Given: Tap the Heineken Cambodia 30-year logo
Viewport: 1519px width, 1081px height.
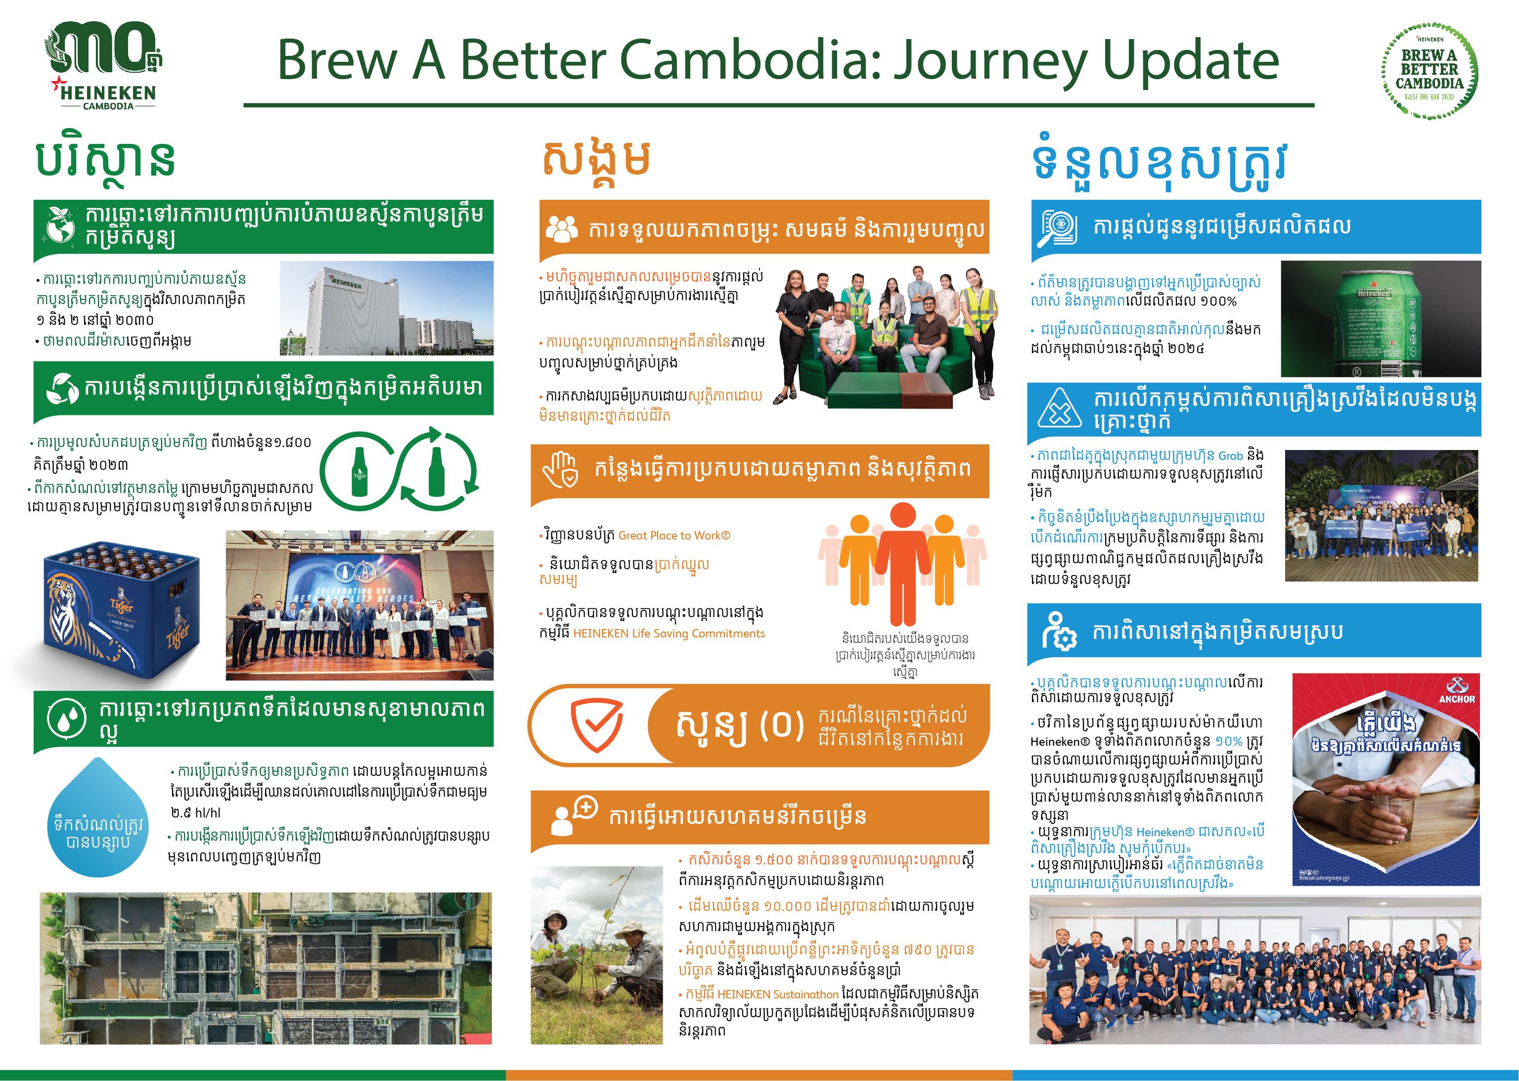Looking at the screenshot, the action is pyautogui.click(x=106, y=65).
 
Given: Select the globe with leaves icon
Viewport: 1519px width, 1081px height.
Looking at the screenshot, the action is pyautogui.click(x=59, y=225).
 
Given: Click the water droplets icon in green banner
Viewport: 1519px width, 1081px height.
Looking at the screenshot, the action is pyautogui.click(x=67, y=720).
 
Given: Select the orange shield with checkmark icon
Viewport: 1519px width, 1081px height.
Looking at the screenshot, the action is pyautogui.click(x=597, y=725).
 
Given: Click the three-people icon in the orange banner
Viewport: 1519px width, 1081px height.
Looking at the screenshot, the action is pyautogui.click(x=561, y=227).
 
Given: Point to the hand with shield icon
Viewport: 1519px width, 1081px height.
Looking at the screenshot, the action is pyautogui.click(x=559, y=470).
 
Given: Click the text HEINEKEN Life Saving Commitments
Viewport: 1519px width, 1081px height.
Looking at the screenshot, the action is pyautogui.click(x=669, y=633).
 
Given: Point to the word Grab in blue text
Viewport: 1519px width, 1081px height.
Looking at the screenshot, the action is pyautogui.click(x=1230, y=456).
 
